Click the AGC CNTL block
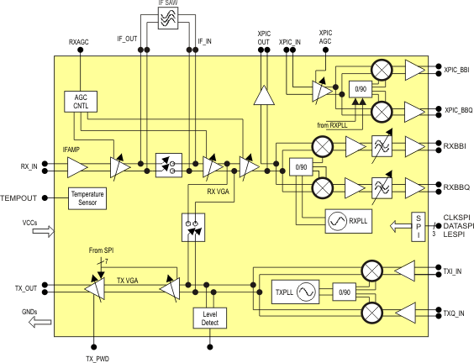click(x=81, y=102)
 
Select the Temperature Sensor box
click(x=87, y=198)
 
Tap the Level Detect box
click(x=210, y=318)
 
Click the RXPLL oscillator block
click(x=349, y=221)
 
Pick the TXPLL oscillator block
click(x=295, y=292)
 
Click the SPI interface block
click(x=419, y=227)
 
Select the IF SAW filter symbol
click(x=168, y=18)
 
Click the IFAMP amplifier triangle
click(x=77, y=167)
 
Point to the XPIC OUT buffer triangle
click(x=264, y=96)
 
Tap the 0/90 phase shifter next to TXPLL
click(x=345, y=292)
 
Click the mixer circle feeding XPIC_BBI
click(x=382, y=70)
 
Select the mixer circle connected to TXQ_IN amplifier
click(x=372, y=313)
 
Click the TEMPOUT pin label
click(x=18, y=198)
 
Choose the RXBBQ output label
click(x=456, y=187)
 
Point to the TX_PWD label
click(x=97, y=359)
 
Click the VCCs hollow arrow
click(x=44, y=232)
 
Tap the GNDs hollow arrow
click(x=39, y=322)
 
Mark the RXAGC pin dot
click(x=81, y=50)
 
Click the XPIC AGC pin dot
click(x=325, y=50)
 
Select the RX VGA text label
click(x=218, y=192)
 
